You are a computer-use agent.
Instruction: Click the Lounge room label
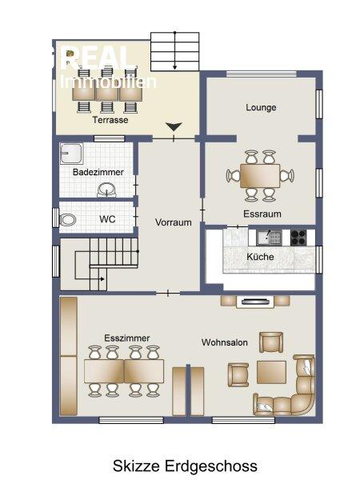coord(261,107)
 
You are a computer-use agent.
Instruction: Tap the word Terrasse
coord(110,120)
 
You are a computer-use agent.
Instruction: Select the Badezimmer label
coord(98,172)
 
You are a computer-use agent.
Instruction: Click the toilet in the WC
coord(68,219)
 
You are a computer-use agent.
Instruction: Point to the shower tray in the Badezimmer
coord(71,154)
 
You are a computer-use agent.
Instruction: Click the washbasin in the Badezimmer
coord(106,190)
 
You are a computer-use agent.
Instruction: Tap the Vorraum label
coord(174,222)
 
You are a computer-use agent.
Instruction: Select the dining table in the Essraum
coord(260,176)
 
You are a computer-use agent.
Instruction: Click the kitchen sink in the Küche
coord(269,238)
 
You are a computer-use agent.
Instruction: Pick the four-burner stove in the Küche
coord(298,238)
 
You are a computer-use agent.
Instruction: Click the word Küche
coord(260,257)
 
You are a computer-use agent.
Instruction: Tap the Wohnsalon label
coord(224,342)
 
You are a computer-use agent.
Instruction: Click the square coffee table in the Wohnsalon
coord(271,372)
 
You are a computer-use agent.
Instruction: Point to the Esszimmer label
coord(126,338)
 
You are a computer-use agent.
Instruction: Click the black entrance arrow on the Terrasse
coord(174,126)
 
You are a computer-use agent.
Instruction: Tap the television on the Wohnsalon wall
coord(255,302)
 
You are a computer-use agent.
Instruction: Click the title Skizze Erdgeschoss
coord(185,466)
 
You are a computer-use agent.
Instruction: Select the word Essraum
coord(262,214)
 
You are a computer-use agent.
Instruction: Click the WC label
coord(107,219)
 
